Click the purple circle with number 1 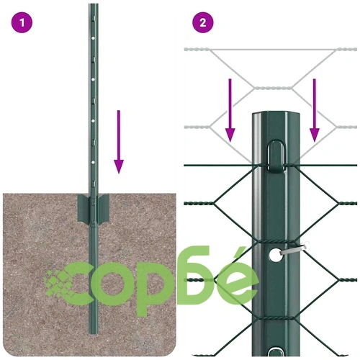click(x=22, y=23)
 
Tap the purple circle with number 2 click(x=203, y=23)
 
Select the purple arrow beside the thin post click(x=119, y=142)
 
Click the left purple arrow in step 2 click(x=230, y=110)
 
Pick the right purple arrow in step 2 click(x=315, y=110)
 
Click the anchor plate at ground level click(x=93, y=208)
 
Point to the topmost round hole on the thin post click(x=94, y=38)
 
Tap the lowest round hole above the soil click(x=94, y=163)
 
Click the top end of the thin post click(x=93, y=4)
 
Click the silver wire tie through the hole click(x=294, y=248)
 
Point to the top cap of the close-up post click(x=276, y=114)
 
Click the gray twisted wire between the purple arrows click(x=273, y=88)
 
